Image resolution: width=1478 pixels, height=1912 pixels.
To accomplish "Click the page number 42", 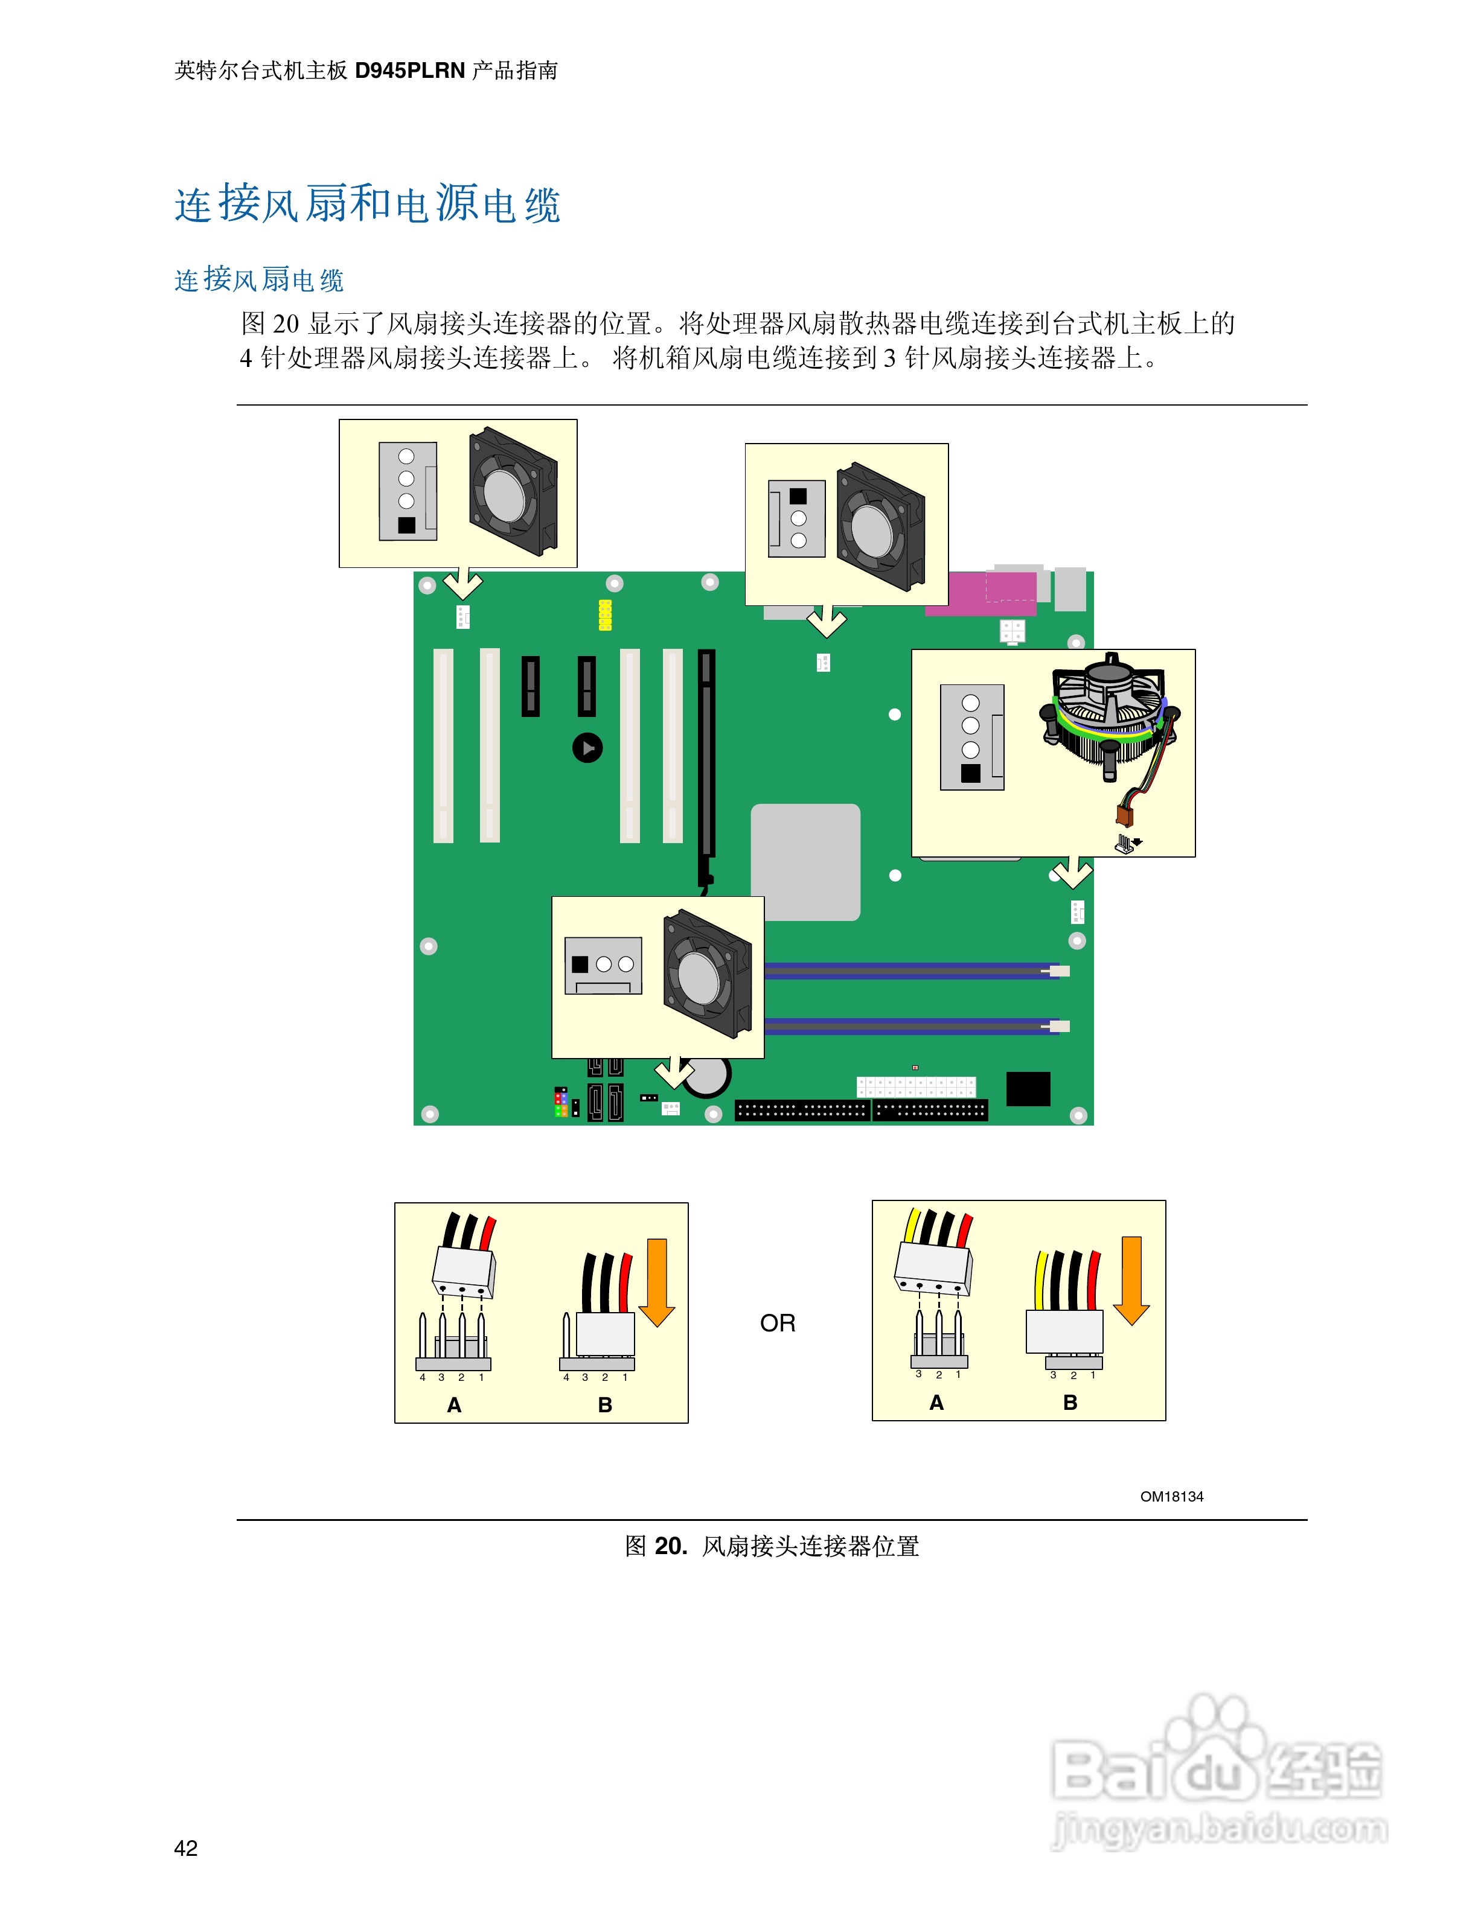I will pos(185,1847).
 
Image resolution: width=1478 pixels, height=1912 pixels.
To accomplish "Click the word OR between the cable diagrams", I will pos(778,1323).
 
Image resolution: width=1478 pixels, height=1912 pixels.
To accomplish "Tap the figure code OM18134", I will pos(1171,1496).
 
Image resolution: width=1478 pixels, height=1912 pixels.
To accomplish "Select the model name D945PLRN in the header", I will pos(409,71).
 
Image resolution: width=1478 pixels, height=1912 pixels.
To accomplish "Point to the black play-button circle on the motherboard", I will pos(587,748).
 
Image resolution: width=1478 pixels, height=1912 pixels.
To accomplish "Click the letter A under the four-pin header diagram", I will pos(453,1405).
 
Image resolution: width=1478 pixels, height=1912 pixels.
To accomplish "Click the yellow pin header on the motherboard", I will pos(604,614).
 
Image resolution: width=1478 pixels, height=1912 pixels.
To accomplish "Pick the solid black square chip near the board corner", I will pos(1028,1088).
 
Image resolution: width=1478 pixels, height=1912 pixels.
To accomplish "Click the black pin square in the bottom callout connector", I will pos(580,964).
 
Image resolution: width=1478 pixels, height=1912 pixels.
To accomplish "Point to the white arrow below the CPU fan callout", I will pos(1072,873).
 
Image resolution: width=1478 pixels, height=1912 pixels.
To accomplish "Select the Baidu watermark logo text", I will pos(1217,1768).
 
